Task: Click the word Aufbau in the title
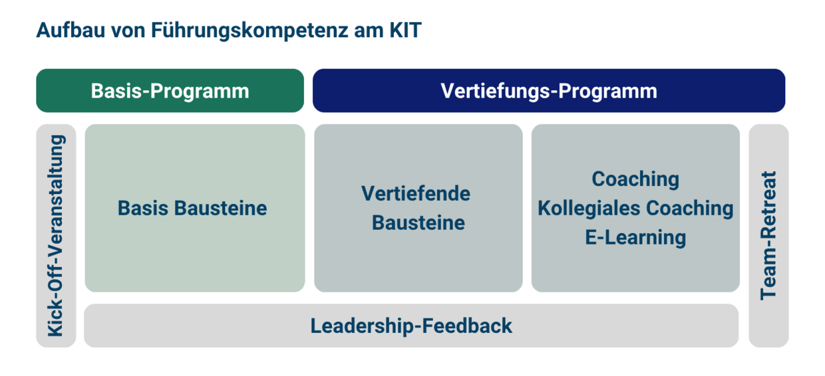(x=71, y=30)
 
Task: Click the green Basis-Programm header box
(x=170, y=90)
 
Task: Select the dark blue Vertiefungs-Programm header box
(x=549, y=90)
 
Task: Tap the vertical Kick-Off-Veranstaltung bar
(x=56, y=235)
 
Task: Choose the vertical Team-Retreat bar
(x=768, y=235)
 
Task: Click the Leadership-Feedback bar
(x=411, y=326)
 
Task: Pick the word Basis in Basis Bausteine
(x=143, y=208)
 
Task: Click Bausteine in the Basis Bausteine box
(x=221, y=208)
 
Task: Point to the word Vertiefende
(x=416, y=193)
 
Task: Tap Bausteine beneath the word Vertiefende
(x=418, y=223)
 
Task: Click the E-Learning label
(x=635, y=238)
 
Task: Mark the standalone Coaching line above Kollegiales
(x=635, y=179)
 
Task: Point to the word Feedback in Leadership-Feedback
(x=467, y=326)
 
